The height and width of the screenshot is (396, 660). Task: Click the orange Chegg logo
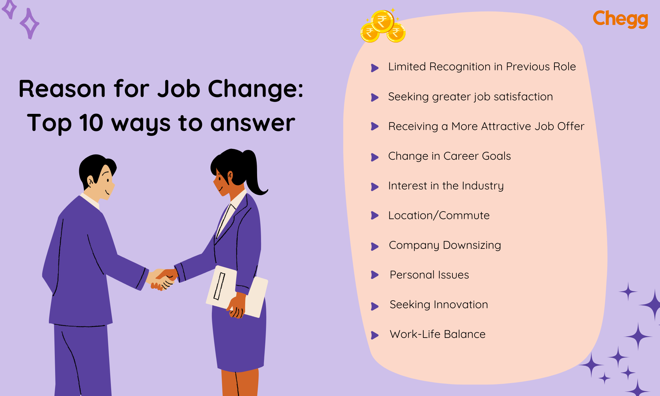[x=620, y=19]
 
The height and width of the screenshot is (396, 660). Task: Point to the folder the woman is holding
[x=236, y=290]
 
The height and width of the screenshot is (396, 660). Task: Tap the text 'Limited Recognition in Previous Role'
[x=482, y=67]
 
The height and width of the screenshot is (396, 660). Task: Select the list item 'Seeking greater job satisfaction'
[x=470, y=97]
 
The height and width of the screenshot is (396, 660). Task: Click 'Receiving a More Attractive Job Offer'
[x=486, y=126]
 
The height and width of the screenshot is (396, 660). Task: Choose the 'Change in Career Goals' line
[x=449, y=156]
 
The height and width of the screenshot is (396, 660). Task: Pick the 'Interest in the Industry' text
[x=446, y=186]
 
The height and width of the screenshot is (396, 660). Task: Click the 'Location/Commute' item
[x=439, y=215]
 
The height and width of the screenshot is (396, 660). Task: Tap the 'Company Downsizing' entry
[x=445, y=245]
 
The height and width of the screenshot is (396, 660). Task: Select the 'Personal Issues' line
[x=429, y=275]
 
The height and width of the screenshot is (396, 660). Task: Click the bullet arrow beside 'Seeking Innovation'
[x=375, y=306]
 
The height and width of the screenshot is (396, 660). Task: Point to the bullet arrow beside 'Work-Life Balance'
[x=375, y=335]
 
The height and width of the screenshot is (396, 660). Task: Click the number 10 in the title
[x=91, y=123]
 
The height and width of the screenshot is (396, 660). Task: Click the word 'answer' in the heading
[x=252, y=123]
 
